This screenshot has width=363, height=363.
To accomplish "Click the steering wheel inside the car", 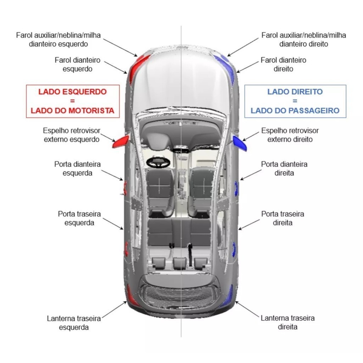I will pyautogui.click(x=158, y=162).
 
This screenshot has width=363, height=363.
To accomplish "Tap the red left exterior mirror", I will pyautogui.click(x=121, y=142).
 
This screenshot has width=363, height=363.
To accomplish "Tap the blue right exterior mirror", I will pyautogui.click(x=240, y=143).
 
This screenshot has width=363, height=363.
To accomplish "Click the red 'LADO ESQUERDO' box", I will pyautogui.click(x=73, y=101).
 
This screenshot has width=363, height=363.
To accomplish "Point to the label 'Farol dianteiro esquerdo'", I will pyautogui.click(x=77, y=65).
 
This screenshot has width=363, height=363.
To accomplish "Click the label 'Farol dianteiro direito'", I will pyautogui.click(x=283, y=65).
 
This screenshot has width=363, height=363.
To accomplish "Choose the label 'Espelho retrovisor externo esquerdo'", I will pyautogui.click(x=72, y=135).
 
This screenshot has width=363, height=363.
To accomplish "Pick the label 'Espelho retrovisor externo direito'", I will pyautogui.click(x=290, y=135).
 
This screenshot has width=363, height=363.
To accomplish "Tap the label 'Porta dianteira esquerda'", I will pyautogui.click(x=77, y=169).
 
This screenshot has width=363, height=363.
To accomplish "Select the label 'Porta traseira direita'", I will pyautogui.click(x=283, y=218).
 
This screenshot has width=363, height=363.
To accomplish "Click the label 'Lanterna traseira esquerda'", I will pyautogui.click(x=74, y=323).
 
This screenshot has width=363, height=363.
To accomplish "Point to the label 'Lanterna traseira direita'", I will pyautogui.click(x=287, y=322).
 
